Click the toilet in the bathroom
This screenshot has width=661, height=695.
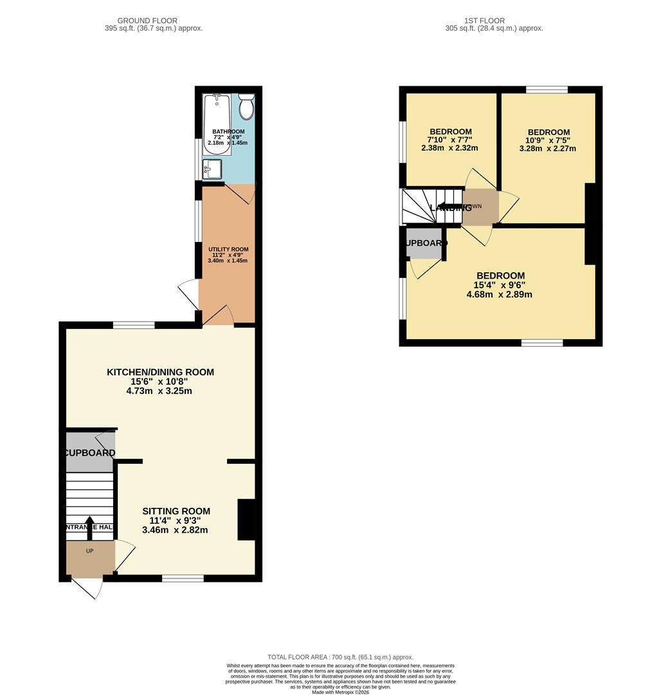(246, 106)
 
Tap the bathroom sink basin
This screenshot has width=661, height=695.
(212, 170)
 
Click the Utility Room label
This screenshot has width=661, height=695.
(228, 250)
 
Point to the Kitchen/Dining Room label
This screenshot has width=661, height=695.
(160, 372)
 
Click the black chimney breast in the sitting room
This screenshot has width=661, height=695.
(246, 519)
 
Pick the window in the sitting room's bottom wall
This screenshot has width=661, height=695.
(183, 579)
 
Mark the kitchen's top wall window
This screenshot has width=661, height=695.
(134, 325)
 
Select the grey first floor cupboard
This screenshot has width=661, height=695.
(425, 243)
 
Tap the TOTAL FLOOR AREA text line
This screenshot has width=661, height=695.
(341, 656)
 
